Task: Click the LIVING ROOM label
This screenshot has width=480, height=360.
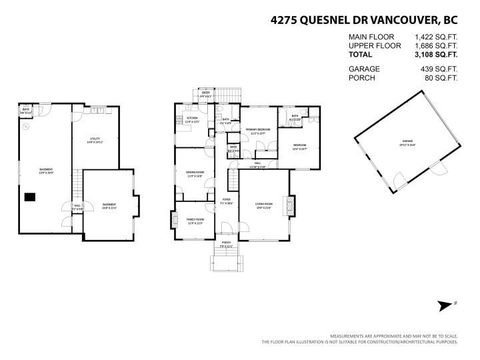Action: point(263,204)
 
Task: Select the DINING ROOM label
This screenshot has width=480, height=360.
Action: point(195,173)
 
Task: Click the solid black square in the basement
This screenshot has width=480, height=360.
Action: point(30,197)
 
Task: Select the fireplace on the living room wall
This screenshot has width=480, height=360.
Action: point(289,205)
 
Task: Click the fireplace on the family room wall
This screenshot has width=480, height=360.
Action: point(174,221)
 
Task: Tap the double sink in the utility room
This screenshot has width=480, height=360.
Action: point(97,109)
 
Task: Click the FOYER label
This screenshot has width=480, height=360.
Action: point(227,199)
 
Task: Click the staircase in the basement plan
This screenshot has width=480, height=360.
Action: point(77,183)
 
